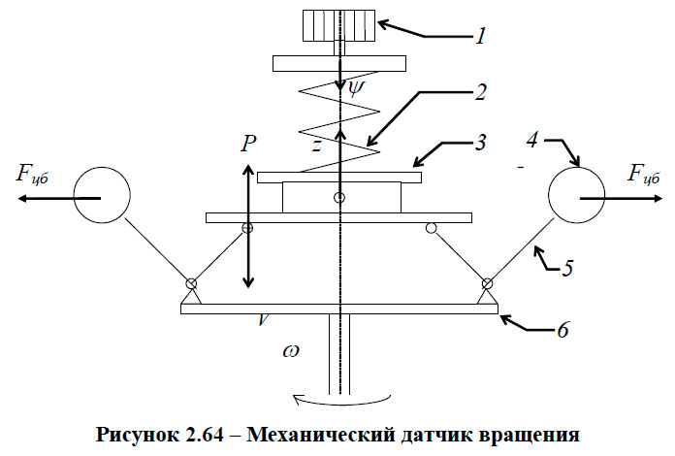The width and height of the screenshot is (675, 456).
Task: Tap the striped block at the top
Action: pyautogui.click(x=340, y=25)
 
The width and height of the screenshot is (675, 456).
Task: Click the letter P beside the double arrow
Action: pyautogui.click(x=249, y=144)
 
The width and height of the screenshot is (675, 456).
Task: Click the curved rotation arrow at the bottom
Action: pyautogui.click(x=340, y=397)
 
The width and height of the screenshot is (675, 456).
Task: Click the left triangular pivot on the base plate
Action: pyautogui.click(x=191, y=292)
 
